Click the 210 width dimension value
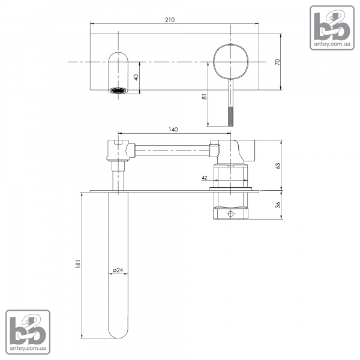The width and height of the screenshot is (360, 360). click(170, 20)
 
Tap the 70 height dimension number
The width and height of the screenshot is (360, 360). click(278, 62)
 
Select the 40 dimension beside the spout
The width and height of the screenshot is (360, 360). click(136, 77)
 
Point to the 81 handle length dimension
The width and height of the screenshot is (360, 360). click(204, 97)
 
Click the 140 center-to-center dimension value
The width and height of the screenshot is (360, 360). click(173, 130)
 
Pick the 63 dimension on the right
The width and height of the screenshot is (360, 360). click(278, 166)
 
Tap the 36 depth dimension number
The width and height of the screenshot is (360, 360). click(278, 205)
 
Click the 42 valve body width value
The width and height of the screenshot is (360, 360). click(205, 178)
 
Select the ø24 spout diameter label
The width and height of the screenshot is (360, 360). click(118, 270)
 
